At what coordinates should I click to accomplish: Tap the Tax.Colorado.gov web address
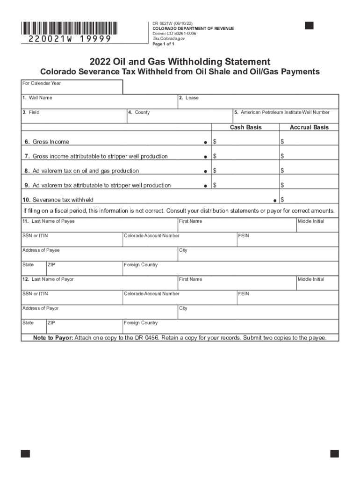169,39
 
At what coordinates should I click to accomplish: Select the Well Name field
99,102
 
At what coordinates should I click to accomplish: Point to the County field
180,116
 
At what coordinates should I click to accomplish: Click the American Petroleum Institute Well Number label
285,112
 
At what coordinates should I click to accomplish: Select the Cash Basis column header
245,127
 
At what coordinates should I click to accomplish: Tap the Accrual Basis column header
309,127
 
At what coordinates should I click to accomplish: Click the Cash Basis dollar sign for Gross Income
215,142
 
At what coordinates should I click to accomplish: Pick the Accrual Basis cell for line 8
309,171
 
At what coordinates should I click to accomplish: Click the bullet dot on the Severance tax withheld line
274,200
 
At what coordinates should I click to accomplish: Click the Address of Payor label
41,308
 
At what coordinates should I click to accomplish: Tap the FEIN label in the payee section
244,236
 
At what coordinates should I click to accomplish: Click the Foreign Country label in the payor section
141,323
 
